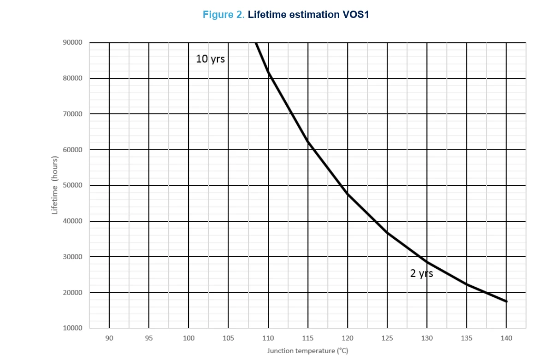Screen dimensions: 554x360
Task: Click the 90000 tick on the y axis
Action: click(72, 42)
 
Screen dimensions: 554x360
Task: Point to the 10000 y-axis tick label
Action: click(72, 328)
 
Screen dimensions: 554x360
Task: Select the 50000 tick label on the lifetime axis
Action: click(72, 185)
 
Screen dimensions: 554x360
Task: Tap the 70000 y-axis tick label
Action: click(72, 114)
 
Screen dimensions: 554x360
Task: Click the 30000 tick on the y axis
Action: click(72, 257)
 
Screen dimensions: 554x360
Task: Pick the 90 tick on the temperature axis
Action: click(109, 338)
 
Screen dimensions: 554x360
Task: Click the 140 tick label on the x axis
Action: click(506, 338)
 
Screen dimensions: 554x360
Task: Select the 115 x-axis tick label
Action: click(308, 338)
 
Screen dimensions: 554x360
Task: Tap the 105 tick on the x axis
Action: click(228, 338)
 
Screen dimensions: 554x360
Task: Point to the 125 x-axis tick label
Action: click(387, 338)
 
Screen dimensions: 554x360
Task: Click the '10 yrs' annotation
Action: click(210, 59)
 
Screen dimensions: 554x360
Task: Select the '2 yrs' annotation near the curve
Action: click(421, 274)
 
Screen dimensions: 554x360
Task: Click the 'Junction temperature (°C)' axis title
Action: click(308, 351)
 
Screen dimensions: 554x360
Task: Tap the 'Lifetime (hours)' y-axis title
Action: click(54, 185)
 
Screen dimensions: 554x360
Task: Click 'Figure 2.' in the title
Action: click(224, 15)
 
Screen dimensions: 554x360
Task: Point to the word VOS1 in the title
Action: click(356, 15)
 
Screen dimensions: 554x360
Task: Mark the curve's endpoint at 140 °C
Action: click(506, 301)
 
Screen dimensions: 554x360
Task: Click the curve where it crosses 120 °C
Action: click(348, 194)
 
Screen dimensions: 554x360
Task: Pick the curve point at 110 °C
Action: click(268, 72)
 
